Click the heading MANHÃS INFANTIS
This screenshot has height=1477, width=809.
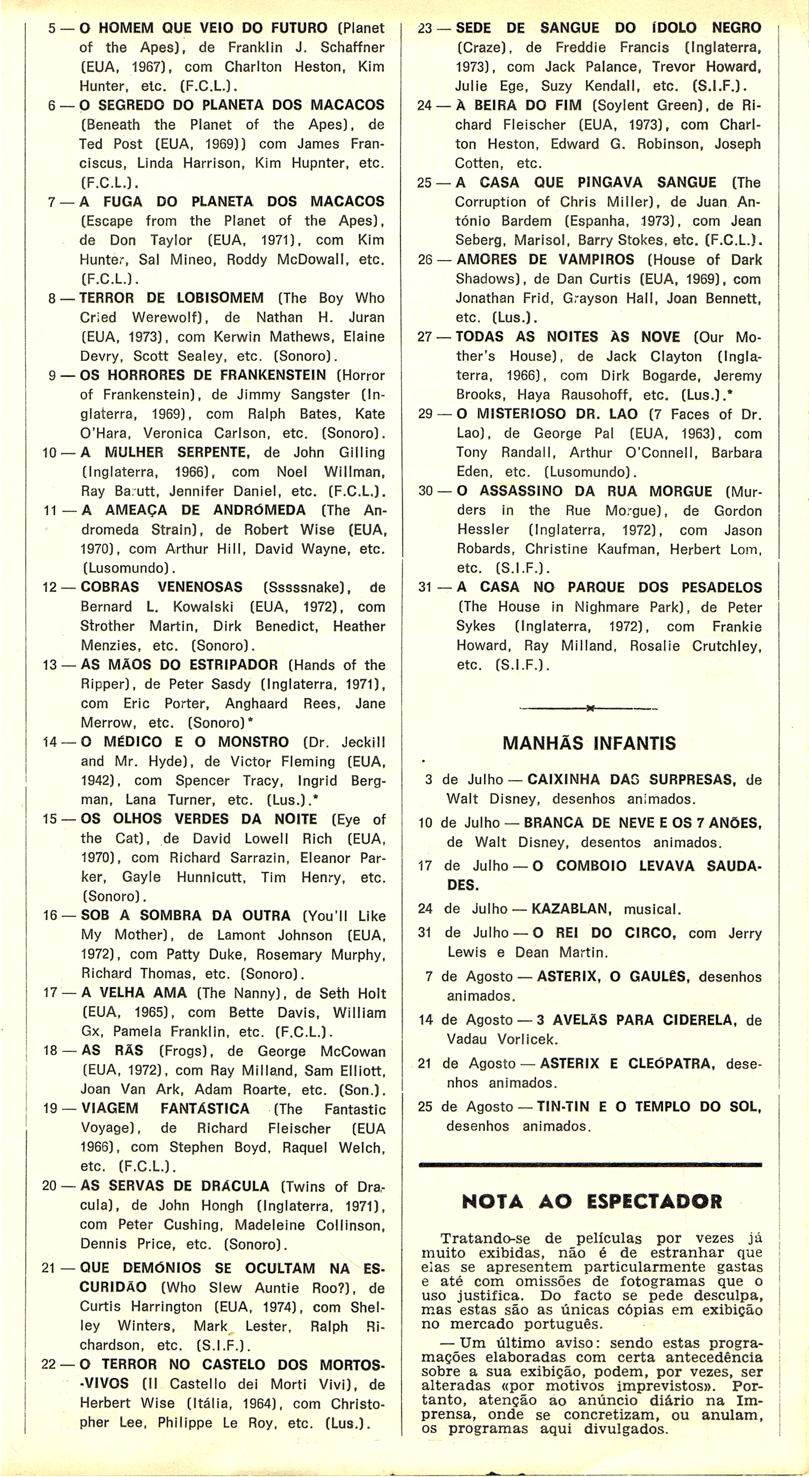(589, 743)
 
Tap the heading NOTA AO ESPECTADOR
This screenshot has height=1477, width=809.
(591, 1201)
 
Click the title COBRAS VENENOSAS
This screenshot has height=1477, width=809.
(161, 587)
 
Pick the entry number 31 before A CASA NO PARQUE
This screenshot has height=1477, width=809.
(426, 588)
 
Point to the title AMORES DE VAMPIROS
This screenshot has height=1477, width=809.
(545, 259)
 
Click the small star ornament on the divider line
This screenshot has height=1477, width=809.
(589, 709)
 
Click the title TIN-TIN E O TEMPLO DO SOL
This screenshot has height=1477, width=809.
(649, 1107)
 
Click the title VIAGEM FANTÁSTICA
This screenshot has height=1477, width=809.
(165, 1108)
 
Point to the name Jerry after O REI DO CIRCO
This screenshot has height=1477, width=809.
(745, 933)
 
